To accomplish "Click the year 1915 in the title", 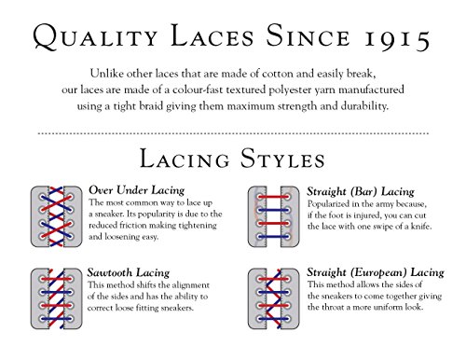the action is (x=397, y=38).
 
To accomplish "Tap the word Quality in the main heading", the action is (x=95, y=36).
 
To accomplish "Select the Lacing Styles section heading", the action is (x=232, y=159).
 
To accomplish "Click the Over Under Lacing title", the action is (x=137, y=190).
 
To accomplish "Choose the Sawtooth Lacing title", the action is (x=129, y=272).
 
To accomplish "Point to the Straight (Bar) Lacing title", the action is (x=361, y=191).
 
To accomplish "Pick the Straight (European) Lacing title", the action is (x=376, y=272).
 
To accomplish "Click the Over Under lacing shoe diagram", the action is (x=56, y=216).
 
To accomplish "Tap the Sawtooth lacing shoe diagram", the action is (x=56, y=298).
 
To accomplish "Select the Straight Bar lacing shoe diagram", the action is (x=273, y=216).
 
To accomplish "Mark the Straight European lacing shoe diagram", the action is (x=273, y=298).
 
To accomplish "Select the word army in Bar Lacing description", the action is (x=384, y=205).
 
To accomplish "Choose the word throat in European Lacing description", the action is (x=333, y=307).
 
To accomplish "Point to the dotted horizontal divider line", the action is (x=233, y=133).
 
